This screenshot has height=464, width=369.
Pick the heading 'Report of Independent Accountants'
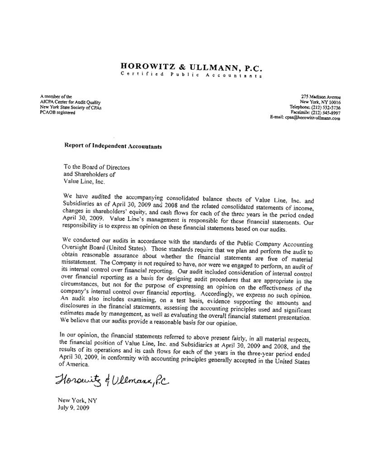point(113,146)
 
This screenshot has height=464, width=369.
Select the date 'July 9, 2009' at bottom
point(74,407)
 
